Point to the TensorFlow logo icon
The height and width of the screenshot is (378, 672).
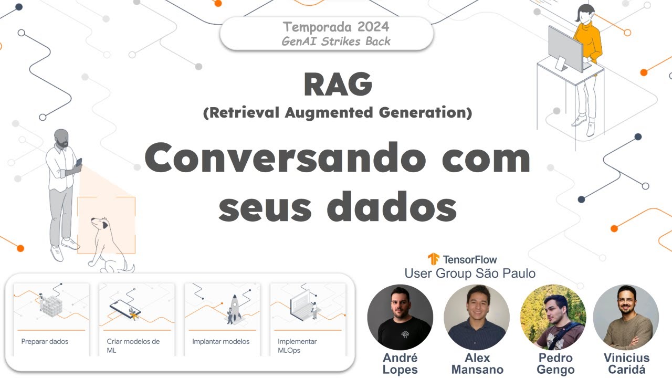pos(433,259)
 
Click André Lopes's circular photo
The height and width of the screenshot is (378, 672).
pos(400,318)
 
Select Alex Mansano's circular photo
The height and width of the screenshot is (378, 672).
pos(477,318)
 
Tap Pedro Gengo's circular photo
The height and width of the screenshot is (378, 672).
pos(553,318)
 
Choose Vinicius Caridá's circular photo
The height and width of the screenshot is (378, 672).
pos(626,318)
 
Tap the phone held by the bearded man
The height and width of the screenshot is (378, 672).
pos(79,162)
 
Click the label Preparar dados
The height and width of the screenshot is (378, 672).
pos(45,341)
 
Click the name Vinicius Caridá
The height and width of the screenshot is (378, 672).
pos(626,364)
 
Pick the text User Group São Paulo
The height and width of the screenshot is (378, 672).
pos(470,274)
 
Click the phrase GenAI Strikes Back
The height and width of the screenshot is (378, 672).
pos(336,41)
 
